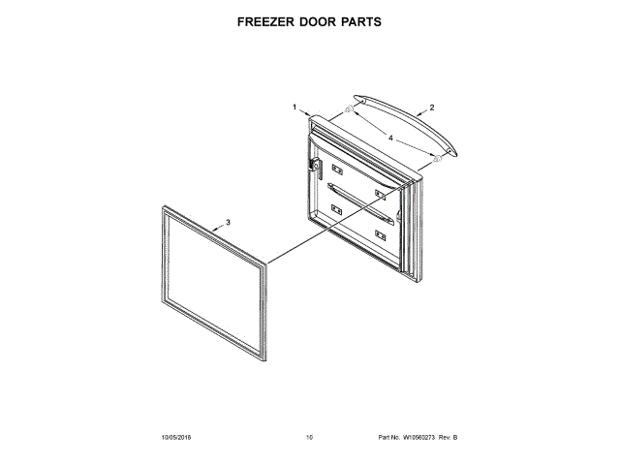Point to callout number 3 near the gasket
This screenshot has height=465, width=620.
(x=228, y=222)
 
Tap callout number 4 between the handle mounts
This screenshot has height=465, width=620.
(x=391, y=139)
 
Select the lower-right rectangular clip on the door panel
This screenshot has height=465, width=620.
(x=381, y=233)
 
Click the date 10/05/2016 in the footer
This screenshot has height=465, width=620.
(x=177, y=438)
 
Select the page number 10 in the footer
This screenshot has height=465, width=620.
(x=310, y=438)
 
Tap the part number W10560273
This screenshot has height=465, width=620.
(x=418, y=438)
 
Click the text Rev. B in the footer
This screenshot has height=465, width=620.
(x=448, y=438)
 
